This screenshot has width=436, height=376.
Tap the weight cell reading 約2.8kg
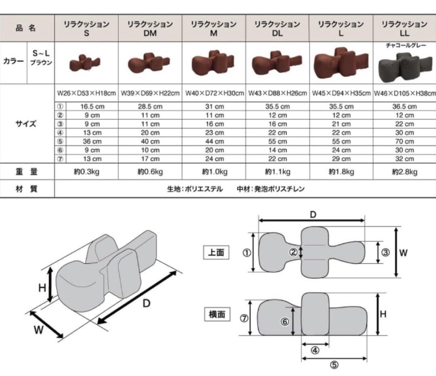click(405, 172)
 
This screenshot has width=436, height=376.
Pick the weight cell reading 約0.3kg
click(86, 172)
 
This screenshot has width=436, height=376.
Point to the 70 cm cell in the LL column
click(405, 142)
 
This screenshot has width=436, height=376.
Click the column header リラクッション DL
click(277, 29)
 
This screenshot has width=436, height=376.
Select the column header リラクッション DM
click(150, 29)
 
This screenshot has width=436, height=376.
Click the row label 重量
click(27, 172)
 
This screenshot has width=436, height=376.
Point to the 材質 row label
click(27, 188)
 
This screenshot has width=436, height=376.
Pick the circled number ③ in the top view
click(385, 253)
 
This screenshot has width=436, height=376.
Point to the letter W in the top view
click(403, 253)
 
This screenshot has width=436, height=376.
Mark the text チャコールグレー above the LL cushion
click(405, 46)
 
